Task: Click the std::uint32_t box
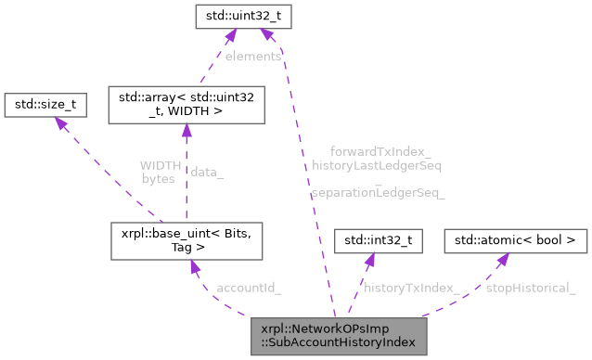[x=238, y=16]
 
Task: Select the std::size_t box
[x=45, y=106]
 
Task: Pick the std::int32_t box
[x=379, y=241]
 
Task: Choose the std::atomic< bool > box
[x=516, y=241]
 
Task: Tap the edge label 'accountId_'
[x=248, y=288]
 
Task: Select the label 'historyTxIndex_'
[x=411, y=288]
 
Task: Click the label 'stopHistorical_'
[x=530, y=288]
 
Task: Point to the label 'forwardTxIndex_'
[x=380, y=151]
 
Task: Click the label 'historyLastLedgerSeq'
[x=377, y=165]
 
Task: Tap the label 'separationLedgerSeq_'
[x=378, y=193]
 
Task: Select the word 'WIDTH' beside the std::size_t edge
[x=160, y=165]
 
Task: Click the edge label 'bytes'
[x=158, y=178]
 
